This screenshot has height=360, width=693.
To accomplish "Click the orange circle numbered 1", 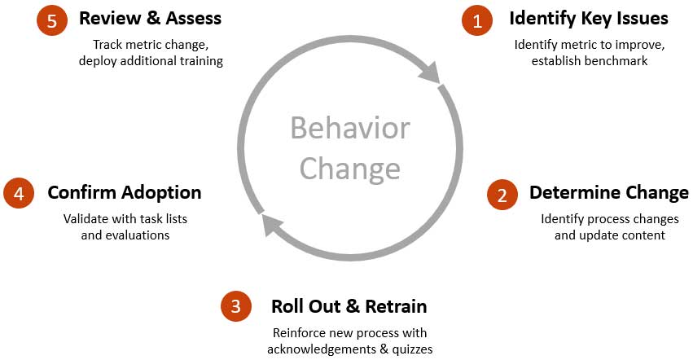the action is [x=477, y=20].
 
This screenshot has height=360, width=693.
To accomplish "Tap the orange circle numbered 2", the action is [x=502, y=195].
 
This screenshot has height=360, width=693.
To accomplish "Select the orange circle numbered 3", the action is [x=236, y=306].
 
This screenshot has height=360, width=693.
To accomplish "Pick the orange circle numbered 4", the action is [x=19, y=193].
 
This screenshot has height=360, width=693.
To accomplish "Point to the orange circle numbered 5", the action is [x=51, y=20].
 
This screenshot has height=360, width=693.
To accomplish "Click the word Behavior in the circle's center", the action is [x=350, y=128].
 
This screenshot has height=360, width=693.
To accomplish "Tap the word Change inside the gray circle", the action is [x=350, y=169].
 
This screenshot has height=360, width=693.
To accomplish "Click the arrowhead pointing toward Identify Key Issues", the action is [x=430, y=72].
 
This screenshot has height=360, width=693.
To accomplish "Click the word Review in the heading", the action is [x=110, y=18].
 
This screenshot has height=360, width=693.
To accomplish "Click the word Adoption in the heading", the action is [x=161, y=193].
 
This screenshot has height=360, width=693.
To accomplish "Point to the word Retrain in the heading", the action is [x=396, y=306].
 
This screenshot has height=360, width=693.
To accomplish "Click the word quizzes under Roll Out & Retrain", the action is [x=412, y=349].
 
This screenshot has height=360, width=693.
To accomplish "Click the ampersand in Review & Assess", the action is [x=153, y=18].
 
